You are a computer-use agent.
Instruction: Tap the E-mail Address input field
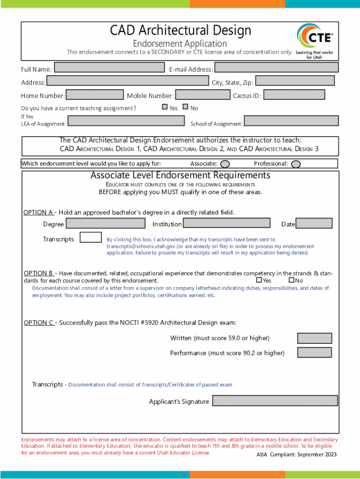(x=276, y=68)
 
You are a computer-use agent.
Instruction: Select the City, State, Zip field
(x=295, y=81)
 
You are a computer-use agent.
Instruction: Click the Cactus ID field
(x=294, y=95)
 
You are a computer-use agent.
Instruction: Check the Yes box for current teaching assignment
(x=165, y=107)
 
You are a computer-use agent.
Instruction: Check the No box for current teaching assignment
(x=186, y=107)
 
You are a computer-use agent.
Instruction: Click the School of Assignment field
(x=291, y=121)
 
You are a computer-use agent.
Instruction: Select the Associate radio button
(x=225, y=164)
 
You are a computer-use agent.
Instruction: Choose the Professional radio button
(x=295, y=164)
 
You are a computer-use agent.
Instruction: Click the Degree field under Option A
(x=106, y=223)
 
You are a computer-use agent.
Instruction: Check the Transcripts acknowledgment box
(x=91, y=238)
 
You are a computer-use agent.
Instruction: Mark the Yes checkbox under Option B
(x=259, y=280)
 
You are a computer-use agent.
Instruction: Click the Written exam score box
(x=315, y=338)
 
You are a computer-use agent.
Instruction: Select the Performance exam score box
(x=315, y=353)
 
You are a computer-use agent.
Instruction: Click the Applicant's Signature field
(x=275, y=401)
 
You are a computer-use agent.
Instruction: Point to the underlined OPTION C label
(x=39, y=323)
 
